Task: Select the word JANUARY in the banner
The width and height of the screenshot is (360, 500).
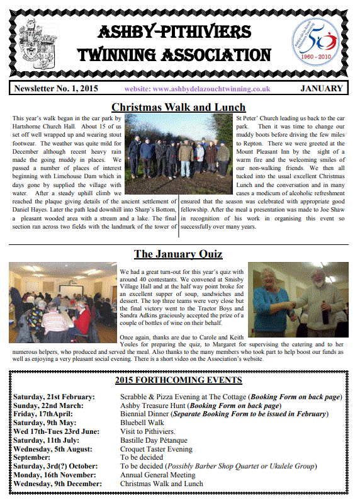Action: pos(322,89)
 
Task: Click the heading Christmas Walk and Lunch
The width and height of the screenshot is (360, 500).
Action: pos(178,107)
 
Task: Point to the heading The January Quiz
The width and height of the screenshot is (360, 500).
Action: pos(178,254)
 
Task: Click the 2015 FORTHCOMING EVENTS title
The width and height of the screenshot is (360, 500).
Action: pos(178,380)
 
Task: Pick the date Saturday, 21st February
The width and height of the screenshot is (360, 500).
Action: pos(54,397)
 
